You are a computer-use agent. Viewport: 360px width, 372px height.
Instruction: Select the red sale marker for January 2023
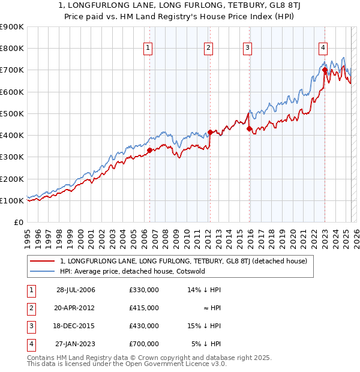(x=325, y=70)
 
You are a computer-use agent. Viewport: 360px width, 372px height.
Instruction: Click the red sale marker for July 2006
(x=149, y=150)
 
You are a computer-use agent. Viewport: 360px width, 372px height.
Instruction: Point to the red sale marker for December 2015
(x=249, y=128)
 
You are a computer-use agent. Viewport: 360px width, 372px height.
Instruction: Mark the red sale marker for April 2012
(x=210, y=132)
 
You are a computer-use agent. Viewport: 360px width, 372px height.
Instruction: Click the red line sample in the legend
(x=42, y=261)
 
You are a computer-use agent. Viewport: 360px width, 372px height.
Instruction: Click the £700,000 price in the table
(x=143, y=344)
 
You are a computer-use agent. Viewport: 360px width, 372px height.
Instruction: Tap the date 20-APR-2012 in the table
(x=76, y=308)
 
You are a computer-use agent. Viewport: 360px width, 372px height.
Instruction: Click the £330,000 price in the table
(x=143, y=290)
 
